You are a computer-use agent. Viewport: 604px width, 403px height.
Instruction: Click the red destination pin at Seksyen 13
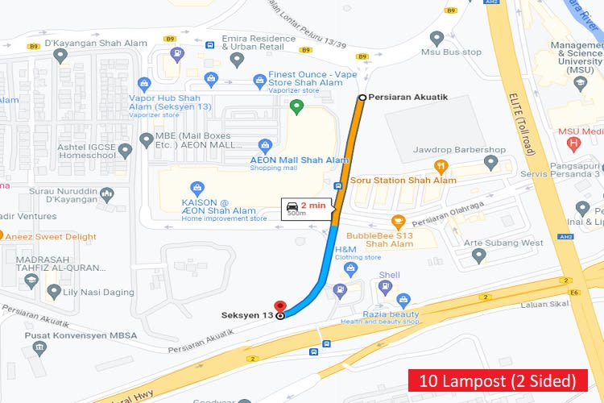coord(280,307)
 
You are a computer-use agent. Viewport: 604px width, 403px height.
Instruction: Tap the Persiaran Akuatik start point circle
coord(362,98)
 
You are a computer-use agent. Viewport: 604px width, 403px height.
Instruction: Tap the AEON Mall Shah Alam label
coord(299,160)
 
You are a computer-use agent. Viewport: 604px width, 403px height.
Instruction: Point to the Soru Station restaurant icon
coord(441,167)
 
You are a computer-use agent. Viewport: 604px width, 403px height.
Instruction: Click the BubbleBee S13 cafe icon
coord(397,221)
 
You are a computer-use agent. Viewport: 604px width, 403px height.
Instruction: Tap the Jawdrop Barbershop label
coord(459,150)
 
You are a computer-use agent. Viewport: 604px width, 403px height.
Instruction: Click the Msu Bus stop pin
coord(437,38)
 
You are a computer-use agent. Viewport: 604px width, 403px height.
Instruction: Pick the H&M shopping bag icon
coord(350,268)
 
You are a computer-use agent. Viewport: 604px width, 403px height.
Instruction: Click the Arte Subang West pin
coord(479,256)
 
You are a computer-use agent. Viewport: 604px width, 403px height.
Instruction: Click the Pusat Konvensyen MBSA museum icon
coord(39,347)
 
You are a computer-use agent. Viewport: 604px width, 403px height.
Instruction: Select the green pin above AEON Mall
coord(296,106)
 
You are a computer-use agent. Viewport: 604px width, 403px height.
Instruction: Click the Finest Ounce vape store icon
coord(259,80)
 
